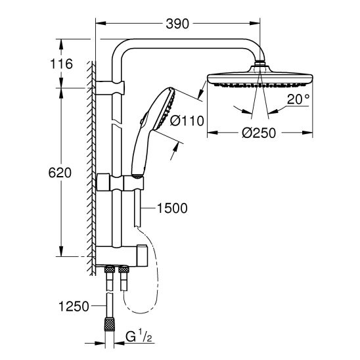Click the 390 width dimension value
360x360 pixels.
177,24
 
